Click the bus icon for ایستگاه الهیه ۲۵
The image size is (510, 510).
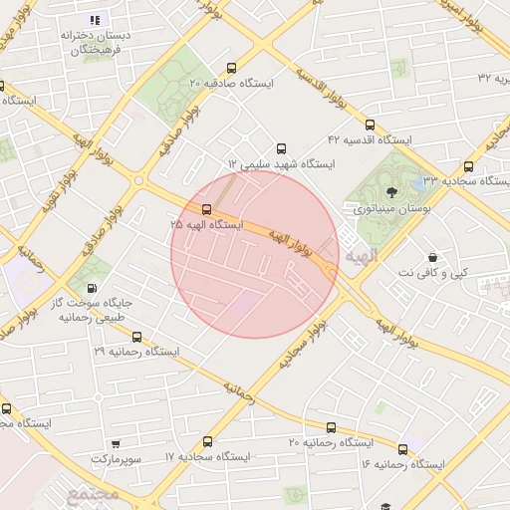pyautogui.click(x=206, y=210)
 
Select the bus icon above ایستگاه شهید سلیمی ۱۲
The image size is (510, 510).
pyautogui.click(x=281, y=147)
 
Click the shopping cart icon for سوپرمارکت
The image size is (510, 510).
pyautogui.click(x=117, y=443)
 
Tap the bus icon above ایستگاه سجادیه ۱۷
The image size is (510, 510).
pyautogui.click(x=207, y=441)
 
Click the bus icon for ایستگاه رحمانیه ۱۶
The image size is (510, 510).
pyautogui.click(x=402, y=449)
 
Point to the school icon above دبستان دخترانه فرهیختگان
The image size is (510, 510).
pyautogui.click(x=95, y=20)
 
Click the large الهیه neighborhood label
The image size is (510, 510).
pyautogui.click(x=362, y=257)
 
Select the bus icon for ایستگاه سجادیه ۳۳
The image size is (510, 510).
pyautogui.click(x=468, y=166)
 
